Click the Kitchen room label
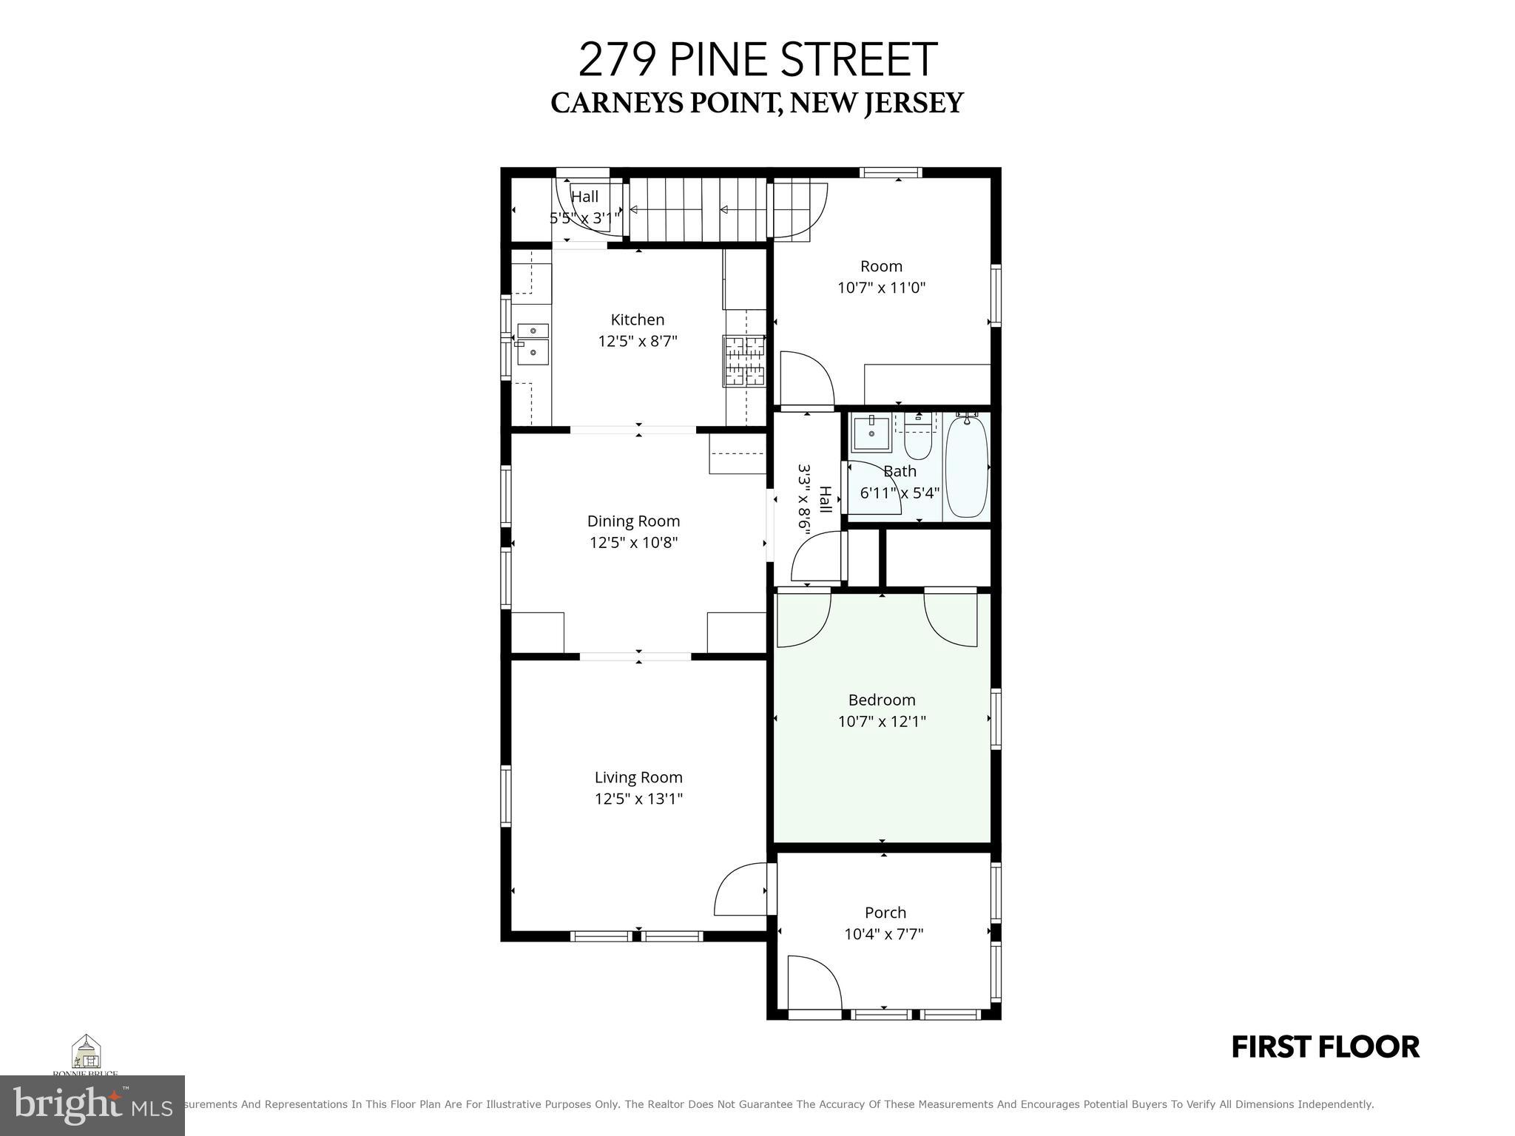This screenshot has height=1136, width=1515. click(637, 319)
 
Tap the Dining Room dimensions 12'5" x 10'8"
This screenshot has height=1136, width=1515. click(633, 543)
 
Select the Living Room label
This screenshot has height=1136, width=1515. click(638, 777)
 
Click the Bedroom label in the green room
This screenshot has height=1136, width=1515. click(882, 700)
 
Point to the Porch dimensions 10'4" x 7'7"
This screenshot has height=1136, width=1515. click(884, 934)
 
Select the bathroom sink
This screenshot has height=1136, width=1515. click(871, 433)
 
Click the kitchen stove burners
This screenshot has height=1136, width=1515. click(744, 361)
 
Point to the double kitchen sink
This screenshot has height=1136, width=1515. click(533, 344)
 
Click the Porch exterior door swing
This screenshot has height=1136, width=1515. click(812, 982)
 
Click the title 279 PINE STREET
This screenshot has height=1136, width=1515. click(757, 60)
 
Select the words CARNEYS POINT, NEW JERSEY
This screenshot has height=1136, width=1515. click(757, 104)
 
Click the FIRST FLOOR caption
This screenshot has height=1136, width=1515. click(1325, 1047)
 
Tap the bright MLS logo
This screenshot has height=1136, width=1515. click(92, 1105)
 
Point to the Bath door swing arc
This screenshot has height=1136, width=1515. click(873, 488)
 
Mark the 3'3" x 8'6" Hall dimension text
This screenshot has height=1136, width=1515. click(804, 496)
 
